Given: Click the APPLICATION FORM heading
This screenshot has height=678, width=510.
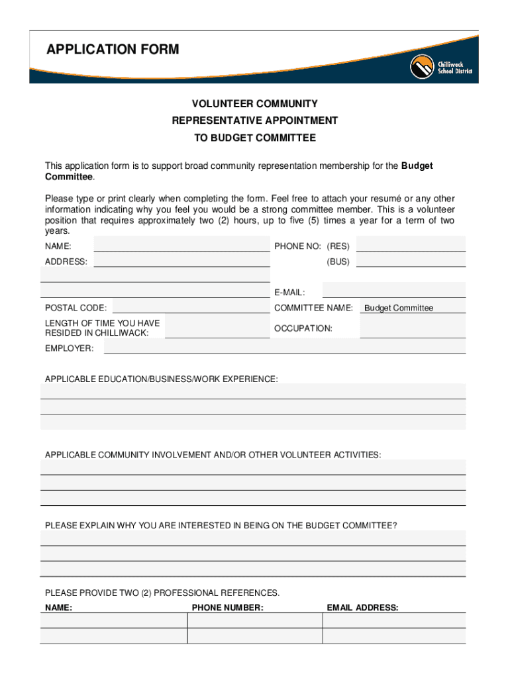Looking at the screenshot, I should [x=113, y=50].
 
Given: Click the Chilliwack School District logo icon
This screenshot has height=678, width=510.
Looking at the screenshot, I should [x=421, y=66].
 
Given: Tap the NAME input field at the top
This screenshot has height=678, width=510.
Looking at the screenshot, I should [x=182, y=245].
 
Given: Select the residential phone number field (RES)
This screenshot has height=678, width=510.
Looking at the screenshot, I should [x=411, y=245].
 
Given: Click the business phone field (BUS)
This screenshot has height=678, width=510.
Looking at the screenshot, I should [x=411, y=261].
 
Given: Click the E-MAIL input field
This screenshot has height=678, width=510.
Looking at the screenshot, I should [x=393, y=291].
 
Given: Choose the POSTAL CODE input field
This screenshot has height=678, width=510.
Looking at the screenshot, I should [x=191, y=307].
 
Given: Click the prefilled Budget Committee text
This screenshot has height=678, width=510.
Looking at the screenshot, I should [x=399, y=308].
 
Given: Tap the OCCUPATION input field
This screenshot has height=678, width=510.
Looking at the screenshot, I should [x=412, y=328].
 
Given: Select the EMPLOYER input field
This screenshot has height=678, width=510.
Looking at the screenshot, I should [x=285, y=348].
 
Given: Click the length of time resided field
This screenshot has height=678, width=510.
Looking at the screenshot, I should [x=217, y=328].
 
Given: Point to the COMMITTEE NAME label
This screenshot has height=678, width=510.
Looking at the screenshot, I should [x=313, y=308].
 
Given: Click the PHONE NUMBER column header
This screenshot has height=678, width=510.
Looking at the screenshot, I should [x=227, y=607].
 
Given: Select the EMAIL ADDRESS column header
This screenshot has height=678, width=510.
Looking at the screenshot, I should [x=362, y=607].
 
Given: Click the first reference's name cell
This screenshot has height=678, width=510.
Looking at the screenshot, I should [x=114, y=620].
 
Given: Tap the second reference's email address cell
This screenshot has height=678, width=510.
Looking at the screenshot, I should [x=393, y=636].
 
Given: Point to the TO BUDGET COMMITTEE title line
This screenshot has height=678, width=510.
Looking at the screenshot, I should [x=254, y=138].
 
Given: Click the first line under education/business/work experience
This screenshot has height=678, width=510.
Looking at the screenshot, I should [x=253, y=391].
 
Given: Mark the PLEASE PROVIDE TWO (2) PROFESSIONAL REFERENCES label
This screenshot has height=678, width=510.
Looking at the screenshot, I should [x=162, y=593].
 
